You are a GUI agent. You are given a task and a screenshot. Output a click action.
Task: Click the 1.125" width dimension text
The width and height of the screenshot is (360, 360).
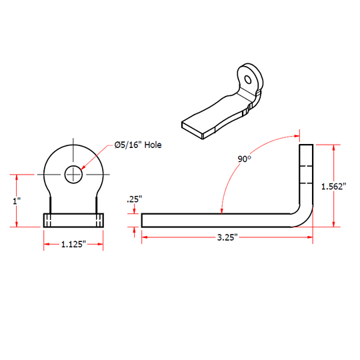[x=73, y=244]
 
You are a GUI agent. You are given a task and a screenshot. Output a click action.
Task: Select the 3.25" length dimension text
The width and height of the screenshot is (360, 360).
[x=227, y=237]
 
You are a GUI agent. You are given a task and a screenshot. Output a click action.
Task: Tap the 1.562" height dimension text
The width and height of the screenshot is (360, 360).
[x=333, y=187]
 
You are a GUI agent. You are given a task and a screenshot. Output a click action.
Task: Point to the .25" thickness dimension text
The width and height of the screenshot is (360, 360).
[x=135, y=199]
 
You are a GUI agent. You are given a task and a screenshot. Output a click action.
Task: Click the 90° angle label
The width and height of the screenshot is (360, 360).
[x=244, y=159]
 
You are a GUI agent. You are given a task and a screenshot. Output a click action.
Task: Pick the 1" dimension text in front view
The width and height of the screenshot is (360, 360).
[x=17, y=201]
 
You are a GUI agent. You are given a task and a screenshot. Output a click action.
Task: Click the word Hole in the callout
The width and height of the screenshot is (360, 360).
[x=153, y=145]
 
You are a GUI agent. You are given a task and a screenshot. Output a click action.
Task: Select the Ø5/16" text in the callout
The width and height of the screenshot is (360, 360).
[x=129, y=145]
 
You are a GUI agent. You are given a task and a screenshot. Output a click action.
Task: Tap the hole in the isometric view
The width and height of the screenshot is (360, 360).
[x=248, y=79]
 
